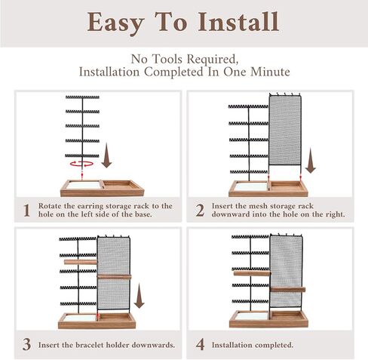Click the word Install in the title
tap(238, 22)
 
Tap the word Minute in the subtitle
tap(270, 72)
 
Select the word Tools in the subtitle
tap(167, 59)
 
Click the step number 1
tap(26, 211)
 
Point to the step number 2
tap(200, 211)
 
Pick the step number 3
tap(26, 344)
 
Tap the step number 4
tap(200, 344)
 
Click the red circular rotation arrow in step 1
tap(81, 164)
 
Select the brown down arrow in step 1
tap(106, 155)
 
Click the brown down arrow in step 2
tap(311, 161)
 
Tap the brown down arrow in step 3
tap(139, 296)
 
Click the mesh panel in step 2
tap(285, 131)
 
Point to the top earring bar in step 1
tap(82, 97)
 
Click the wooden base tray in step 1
tap(103, 188)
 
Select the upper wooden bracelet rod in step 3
tap(81, 262)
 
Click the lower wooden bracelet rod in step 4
tap(288, 290)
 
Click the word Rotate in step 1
tap(50, 206)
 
